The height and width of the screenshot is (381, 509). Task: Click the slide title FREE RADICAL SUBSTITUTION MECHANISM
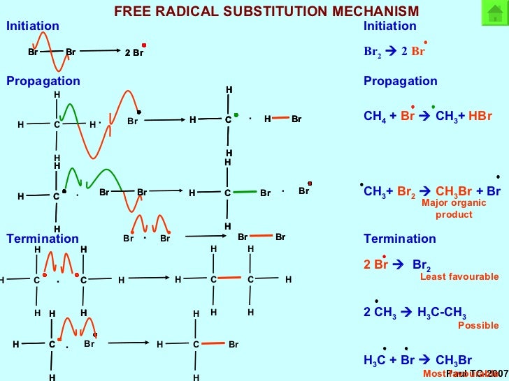tap(266, 11)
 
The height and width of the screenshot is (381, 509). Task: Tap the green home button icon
tap(494, 15)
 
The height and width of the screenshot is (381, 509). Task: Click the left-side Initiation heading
tap(33, 26)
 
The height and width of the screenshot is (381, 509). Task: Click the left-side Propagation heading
tap(43, 81)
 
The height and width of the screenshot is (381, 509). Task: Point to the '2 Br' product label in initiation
tap(134, 52)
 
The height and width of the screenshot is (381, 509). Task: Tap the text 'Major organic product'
tap(454, 209)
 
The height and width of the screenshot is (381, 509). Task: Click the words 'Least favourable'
tap(459, 277)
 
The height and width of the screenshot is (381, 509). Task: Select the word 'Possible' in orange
tap(478, 325)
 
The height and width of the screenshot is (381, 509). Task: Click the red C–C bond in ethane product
tap(231, 280)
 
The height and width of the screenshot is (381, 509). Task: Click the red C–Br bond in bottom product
tap(213, 344)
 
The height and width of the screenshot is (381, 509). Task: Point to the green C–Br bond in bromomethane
tap(244, 192)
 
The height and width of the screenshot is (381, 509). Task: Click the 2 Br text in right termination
tap(375, 264)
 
